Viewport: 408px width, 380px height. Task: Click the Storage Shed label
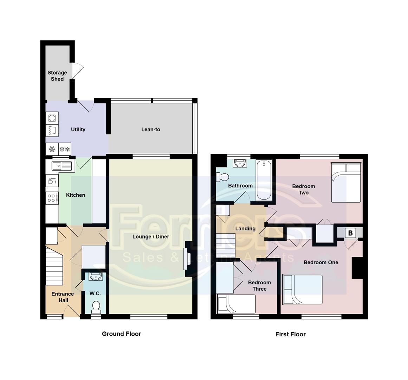[x=57, y=76]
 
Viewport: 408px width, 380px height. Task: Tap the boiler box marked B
[x=350, y=233]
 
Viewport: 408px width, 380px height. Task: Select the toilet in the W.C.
[x=96, y=307]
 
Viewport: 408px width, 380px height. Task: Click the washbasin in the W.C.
[x=95, y=277]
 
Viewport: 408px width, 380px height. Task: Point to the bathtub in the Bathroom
[x=264, y=180]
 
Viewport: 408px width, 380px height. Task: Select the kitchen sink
[x=61, y=165]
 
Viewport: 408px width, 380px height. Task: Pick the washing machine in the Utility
[x=52, y=118]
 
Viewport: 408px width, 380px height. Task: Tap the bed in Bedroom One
[x=303, y=289]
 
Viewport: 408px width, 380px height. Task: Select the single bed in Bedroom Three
[x=236, y=304]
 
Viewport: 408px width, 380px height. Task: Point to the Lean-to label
[x=151, y=129]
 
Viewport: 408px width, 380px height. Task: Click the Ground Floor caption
[x=121, y=334]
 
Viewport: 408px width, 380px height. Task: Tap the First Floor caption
[x=290, y=334]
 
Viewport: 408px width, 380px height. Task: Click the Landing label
[x=245, y=228]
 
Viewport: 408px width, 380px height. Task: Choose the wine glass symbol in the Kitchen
[x=52, y=181]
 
